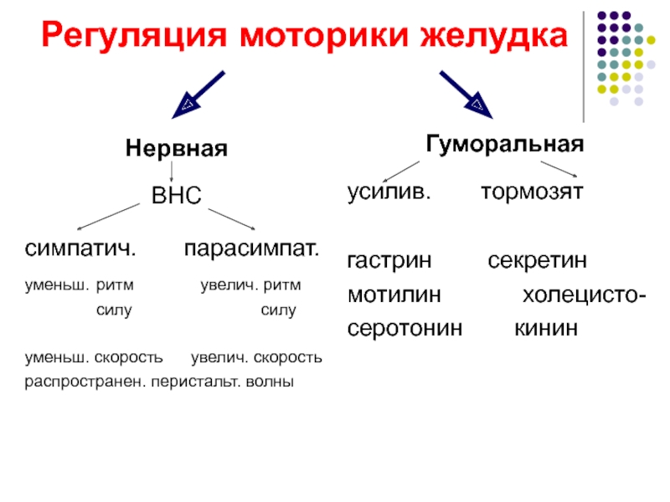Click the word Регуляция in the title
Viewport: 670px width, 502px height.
pyautogui.click(x=134, y=36)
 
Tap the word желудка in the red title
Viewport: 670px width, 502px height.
pyautogui.click(x=494, y=35)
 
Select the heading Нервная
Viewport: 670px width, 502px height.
pyautogui.click(x=177, y=149)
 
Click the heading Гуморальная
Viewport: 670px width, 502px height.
pyautogui.click(x=505, y=144)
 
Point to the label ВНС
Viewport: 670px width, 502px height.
pyautogui.click(x=177, y=195)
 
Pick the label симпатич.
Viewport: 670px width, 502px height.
pyautogui.click(x=80, y=248)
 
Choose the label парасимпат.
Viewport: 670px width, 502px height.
pyautogui.click(x=252, y=248)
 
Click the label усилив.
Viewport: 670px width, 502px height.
pyautogui.click(x=389, y=192)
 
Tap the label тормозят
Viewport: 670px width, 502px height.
pyautogui.click(x=532, y=192)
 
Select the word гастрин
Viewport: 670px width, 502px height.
pyautogui.click(x=389, y=261)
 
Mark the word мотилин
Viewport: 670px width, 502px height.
pyautogui.click(x=394, y=295)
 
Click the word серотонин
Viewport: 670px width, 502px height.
pyautogui.click(x=405, y=329)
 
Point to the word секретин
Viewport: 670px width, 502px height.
pyautogui.click(x=537, y=260)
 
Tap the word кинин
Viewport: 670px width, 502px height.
pyautogui.click(x=546, y=328)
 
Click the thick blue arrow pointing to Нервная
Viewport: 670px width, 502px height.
pyautogui.click(x=198, y=95)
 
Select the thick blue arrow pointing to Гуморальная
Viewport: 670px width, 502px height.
pyautogui.click(x=466, y=95)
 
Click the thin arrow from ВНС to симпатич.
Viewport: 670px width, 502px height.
pyautogui.click(x=109, y=217)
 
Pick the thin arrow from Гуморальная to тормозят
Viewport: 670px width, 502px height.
pyautogui.click(x=559, y=169)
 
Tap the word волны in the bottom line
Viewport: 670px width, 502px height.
pyautogui.click(x=270, y=382)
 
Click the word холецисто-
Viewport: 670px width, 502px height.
pyautogui.click(x=584, y=295)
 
